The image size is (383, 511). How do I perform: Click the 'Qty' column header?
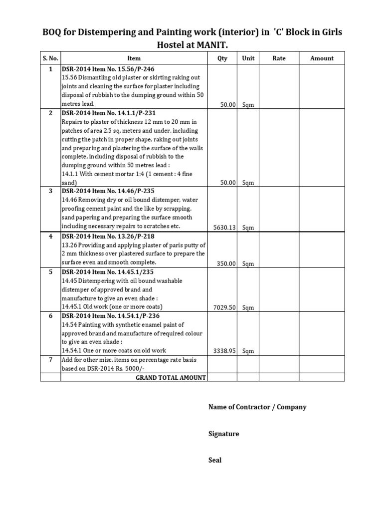(222, 58)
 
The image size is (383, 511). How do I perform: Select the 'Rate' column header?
(279, 58)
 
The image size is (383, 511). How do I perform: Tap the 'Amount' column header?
(322, 58)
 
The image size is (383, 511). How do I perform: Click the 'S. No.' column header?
(50, 58)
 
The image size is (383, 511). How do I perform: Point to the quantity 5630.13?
(224, 228)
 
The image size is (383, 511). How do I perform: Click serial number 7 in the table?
(50, 360)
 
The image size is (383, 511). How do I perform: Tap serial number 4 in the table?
(50, 236)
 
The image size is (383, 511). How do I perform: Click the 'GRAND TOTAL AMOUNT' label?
(171, 378)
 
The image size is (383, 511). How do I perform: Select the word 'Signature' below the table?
(223, 434)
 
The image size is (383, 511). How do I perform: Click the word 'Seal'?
(215, 460)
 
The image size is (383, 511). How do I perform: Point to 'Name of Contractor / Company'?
(257, 407)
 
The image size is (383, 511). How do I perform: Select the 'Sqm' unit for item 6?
(248, 351)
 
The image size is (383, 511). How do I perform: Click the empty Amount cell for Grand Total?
(322, 378)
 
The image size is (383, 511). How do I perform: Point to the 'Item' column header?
(134, 58)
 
